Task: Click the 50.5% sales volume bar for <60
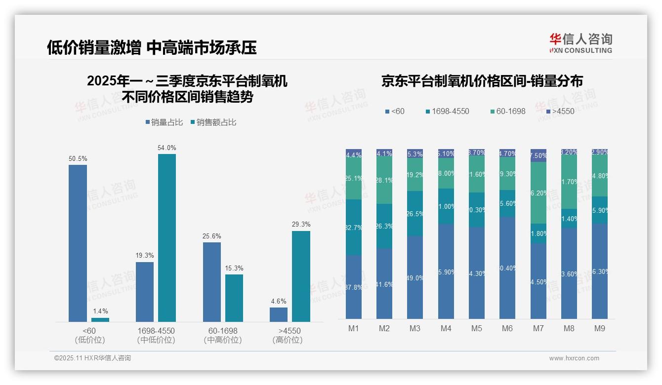click(x=78, y=243)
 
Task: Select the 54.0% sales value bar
click(x=167, y=238)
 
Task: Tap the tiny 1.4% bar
click(x=100, y=320)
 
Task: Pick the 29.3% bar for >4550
click(x=301, y=276)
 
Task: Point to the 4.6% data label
click(x=279, y=301)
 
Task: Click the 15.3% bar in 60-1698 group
click(x=234, y=298)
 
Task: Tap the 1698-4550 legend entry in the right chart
click(x=447, y=112)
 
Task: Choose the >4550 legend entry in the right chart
click(x=560, y=112)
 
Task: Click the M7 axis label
click(x=538, y=328)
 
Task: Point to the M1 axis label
click(x=353, y=328)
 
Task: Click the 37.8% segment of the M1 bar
click(x=354, y=287)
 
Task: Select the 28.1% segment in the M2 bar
click(x=384, y=181)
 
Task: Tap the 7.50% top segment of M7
click(x=538, y=155)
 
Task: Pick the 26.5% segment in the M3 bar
click(x=415, y=213)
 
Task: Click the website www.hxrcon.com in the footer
click(x=574, y=358)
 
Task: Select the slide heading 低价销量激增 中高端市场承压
click(x=152, y=47)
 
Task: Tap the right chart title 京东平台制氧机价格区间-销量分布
click(x=482, y=81)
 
